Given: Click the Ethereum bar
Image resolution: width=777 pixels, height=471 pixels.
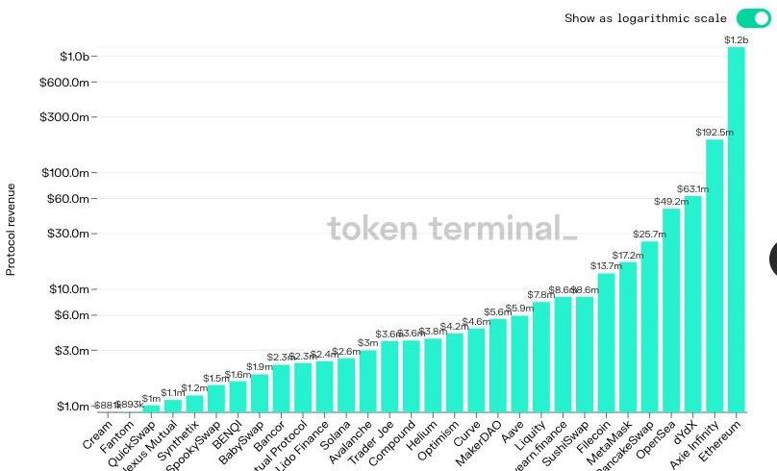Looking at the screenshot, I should (x=736, y=231).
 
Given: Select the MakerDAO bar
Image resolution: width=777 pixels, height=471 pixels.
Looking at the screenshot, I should (x=498, y=365).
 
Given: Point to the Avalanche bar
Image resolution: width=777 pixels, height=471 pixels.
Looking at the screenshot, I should (x=368, y=381).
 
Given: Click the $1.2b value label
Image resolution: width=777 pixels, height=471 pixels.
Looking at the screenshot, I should (x=736, y=40).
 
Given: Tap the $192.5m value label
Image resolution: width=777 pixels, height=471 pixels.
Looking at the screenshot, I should (x=714, y=132).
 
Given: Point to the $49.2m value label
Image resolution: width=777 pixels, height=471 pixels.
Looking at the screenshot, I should (x=671, y=202).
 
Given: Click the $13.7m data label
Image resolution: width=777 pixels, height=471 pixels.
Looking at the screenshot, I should (x=606, y=266).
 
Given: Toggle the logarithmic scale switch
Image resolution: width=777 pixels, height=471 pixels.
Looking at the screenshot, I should (x=753, y=18).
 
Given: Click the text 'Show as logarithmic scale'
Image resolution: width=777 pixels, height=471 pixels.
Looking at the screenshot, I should (x=645, y=18).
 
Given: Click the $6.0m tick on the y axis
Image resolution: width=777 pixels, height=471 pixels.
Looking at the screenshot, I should (x=73, y=315).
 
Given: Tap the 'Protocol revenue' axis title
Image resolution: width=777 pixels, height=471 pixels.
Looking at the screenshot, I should (x=12, y=229).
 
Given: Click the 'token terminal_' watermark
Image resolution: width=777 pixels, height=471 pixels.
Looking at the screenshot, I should (x=452, y=229).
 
